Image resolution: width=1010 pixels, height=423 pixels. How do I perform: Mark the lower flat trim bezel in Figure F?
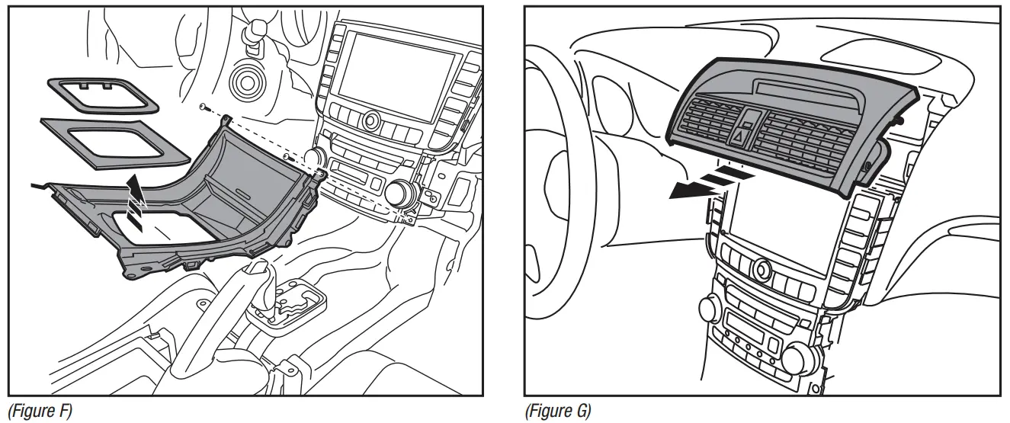click(x=114, y=140)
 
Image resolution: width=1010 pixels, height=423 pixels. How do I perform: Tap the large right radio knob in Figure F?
click(x=398, y=194)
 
